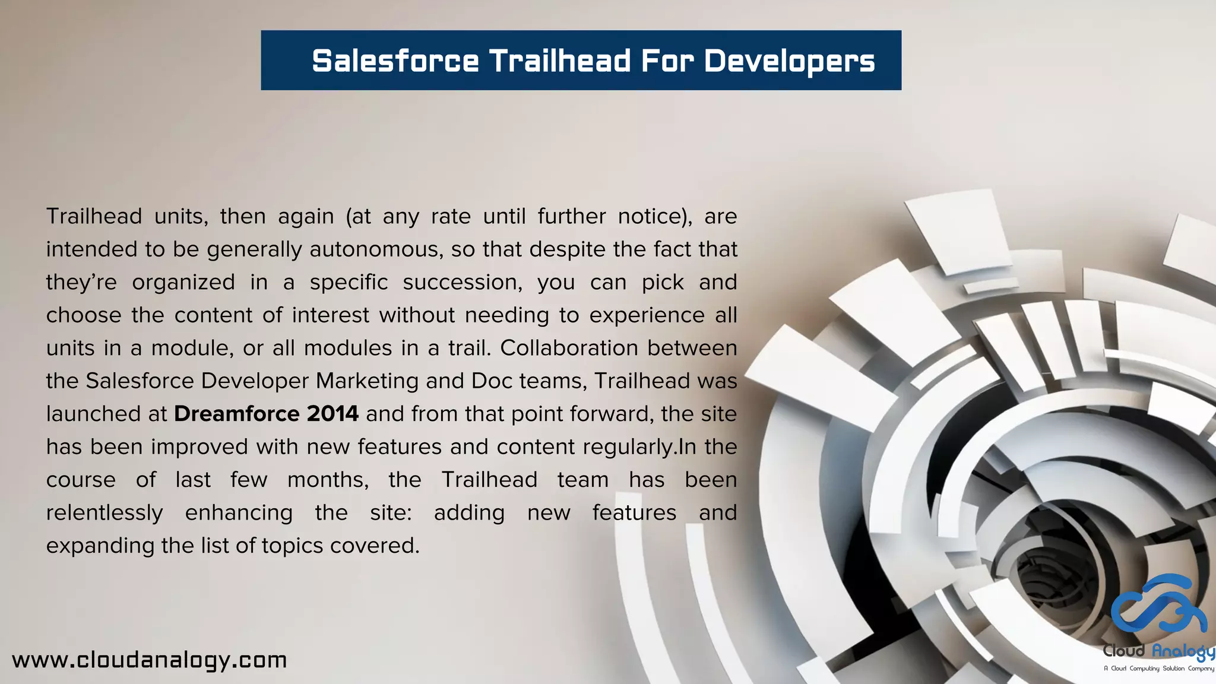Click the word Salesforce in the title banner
(x=395, y=61)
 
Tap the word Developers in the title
(x=789, y=62)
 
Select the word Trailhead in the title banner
(x=559, y=61)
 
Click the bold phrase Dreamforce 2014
(x=266, y=413)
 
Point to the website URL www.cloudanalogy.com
(x=150, y=660)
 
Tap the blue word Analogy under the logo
(x=1183, y=652)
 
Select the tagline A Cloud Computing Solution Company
(x=1158, y=669)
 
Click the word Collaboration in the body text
(x=569, y=348)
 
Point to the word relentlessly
(x=104, y=512)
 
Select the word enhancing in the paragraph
(x=239, y=513)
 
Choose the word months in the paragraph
(x=327, y=480)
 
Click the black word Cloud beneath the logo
(x=1123, y=651)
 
